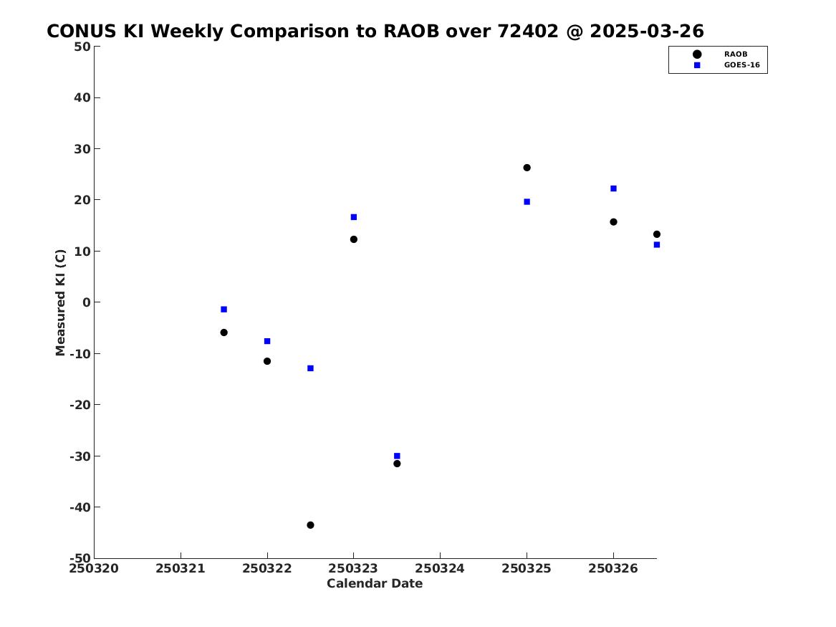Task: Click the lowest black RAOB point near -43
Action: (310, 525)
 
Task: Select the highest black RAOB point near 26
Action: (527, 168)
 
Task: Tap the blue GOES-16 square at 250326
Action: (613, 188)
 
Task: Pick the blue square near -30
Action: (397, 456)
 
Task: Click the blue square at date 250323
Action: (353, 217)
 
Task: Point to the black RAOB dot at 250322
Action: (267, 361)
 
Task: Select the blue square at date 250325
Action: (527, 201)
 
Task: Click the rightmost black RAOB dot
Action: (656, 234)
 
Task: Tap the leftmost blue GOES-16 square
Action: (224, 310)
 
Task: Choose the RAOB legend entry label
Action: (735, 54)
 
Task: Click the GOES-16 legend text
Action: (741, 65)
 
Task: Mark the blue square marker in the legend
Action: (697, 65)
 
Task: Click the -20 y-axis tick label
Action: (80, 405)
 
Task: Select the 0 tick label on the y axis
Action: (87, 302)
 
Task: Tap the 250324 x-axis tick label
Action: (440, 568)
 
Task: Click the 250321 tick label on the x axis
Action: (181, 568)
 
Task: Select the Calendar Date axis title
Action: (375, 583)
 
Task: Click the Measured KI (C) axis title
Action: (60, 302)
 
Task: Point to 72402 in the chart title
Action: (528, 32)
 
